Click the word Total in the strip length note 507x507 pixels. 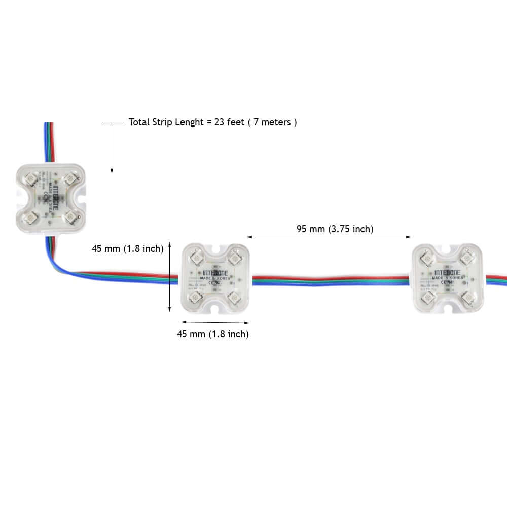click(139, 122)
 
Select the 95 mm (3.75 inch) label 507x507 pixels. click(335, 229)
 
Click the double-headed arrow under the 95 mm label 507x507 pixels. click(329, 236)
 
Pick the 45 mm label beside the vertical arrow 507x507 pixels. click(127, 248)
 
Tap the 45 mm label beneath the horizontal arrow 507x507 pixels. click(212, 334)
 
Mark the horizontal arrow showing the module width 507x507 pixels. click(215, 322)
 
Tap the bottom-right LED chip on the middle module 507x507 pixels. click(233, 297)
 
